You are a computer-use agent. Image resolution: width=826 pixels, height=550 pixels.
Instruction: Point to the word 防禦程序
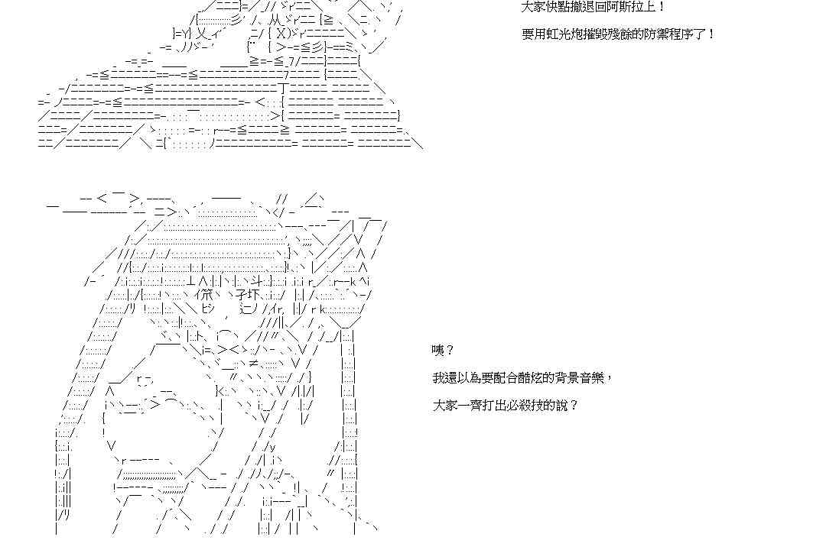click(x=676, y=34)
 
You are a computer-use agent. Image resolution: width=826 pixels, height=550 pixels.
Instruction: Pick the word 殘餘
click(x=636, y=34)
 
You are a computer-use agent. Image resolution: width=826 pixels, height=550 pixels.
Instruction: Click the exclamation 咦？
click(x=443, y=351)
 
